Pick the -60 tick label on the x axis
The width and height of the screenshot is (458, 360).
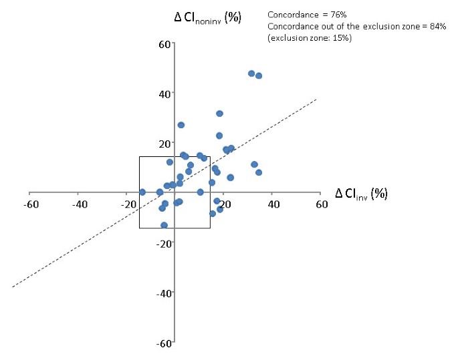coord(31,204)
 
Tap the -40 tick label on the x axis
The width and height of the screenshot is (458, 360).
coord(79,204)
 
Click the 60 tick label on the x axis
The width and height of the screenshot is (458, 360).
coord(322,204)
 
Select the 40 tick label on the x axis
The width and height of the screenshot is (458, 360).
coord(273,204)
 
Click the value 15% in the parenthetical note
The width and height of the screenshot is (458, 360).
coord(341,38)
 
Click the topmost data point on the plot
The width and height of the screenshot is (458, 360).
coord(251,73)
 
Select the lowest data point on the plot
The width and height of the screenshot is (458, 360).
coord(164,226)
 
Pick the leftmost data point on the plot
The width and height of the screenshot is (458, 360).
coord(142,192)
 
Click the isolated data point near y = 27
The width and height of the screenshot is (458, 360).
coord(181,125)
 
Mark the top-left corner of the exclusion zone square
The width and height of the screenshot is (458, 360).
coord(139,157)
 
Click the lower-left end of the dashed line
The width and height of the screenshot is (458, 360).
coord(13,287)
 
